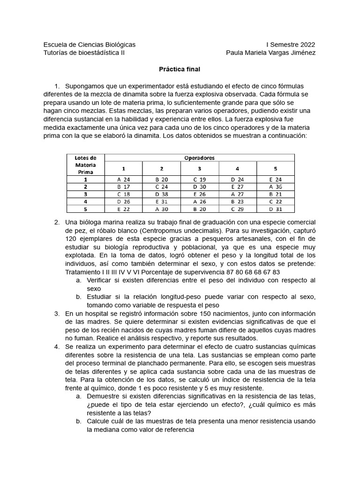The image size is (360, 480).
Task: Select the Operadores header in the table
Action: [199, 158]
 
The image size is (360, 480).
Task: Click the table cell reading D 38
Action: [161, 194]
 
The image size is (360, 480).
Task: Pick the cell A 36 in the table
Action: [276, 186]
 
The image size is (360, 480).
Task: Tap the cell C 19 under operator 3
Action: [199, 179]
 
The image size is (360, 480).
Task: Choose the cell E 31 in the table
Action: [161, 201]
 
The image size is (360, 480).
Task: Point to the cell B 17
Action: [123, 186]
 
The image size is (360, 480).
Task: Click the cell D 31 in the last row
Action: [276, 209]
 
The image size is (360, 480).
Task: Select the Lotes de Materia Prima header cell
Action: [85, 165]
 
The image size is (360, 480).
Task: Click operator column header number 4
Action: [238, 168]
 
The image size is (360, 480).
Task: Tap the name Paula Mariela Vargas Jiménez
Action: [270, 53]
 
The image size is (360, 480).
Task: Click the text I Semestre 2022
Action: [291, 45]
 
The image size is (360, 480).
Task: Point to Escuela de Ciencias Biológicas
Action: [89, 45]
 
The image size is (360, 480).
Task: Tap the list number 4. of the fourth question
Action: [57, 346]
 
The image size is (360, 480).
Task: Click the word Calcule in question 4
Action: [98, 421]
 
